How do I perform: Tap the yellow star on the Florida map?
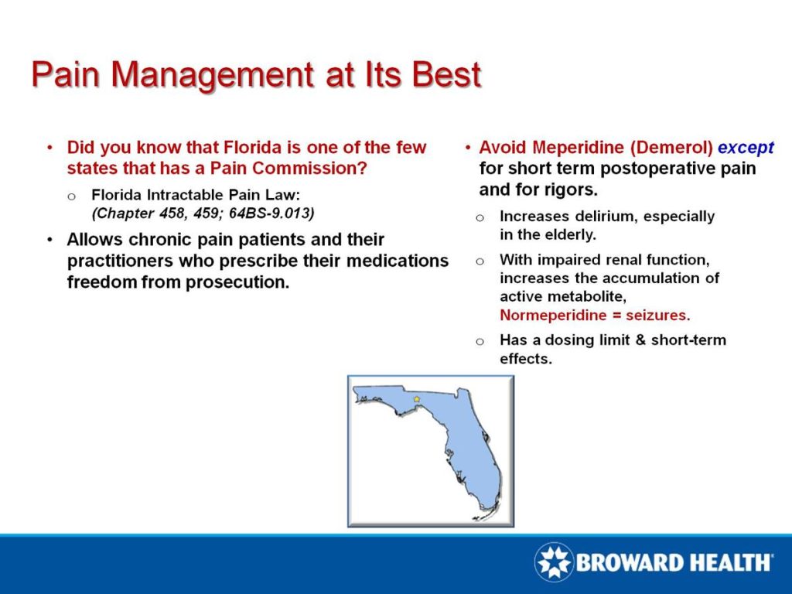[417, 399]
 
